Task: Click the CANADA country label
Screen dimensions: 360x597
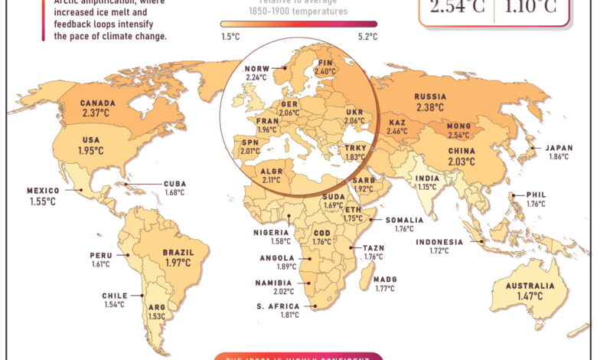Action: pyautogui.click(x=98, y=103)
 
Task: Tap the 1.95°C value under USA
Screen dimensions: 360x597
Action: pyautogui.click(x=91, y=151)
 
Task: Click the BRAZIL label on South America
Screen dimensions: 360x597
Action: pyautogui.click(x=178, y=252)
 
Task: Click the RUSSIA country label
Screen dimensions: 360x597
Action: pyautogui.click(x=431, y=97)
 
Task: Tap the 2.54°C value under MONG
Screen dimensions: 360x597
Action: pyautogui.click(x=458, y=136)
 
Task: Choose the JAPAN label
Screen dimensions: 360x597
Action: pyautogui.click(x=558, y=148)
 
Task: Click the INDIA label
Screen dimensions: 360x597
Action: pyautogui.click(x=427, y=178)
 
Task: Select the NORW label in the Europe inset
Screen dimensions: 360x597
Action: pyautogui.click(x=257, y=68)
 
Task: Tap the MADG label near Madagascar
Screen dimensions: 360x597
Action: pyautogui.click(x=385, y=280)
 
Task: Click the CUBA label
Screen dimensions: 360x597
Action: pyautogui.click(x=175, y=184)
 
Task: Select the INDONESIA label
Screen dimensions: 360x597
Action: pyautogui.click(x=439, y=242)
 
